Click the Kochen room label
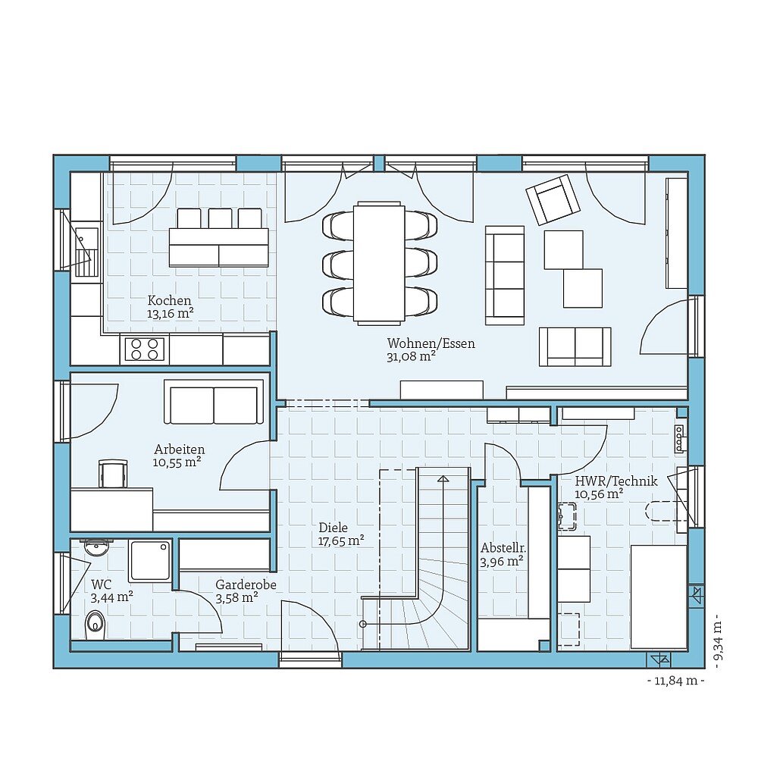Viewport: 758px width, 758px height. [x=169, y=300]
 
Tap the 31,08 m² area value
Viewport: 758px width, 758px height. [x=410, y=356]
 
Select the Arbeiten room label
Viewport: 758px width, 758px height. [x=179, y=449]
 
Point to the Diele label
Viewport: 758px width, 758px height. [x=333, y=528]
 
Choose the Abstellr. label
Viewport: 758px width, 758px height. [x=503, y=548]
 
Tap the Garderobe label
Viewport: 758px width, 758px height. [x=246, y=585]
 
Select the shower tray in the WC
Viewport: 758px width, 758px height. [x=149, y=560]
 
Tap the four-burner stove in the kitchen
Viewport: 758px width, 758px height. [x=144, y=349]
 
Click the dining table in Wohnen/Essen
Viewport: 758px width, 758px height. [x=379, y=262]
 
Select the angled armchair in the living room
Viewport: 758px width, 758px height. [x=553, y=199]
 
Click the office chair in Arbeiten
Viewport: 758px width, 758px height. [x=112, y=474]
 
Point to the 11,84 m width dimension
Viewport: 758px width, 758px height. [x=675, y=681]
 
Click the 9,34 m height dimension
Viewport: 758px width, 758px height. [x=716, y=644]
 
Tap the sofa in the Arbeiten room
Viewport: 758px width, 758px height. [x=214, y=403]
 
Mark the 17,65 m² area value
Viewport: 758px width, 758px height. [x=341, y=541]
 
